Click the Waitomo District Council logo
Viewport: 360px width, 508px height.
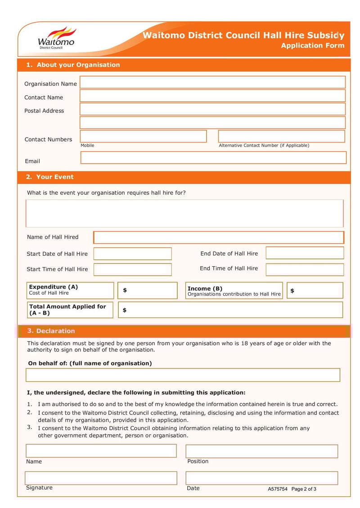coord(56,38)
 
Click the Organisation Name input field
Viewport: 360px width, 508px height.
coord(212,82)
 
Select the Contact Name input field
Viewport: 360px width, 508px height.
coord(212,96)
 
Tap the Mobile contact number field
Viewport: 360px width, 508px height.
coord(143,136)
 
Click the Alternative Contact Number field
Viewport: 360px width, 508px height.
coord(281,136)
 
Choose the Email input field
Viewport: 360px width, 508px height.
coord(213,158)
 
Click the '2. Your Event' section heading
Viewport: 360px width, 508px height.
coord(49,177)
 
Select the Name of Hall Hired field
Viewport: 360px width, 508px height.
coord(218,237)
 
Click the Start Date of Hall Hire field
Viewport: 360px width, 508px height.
coord(132,254)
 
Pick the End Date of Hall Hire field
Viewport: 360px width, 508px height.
coord(305,253)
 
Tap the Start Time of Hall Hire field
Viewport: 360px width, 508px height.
coord(132,269)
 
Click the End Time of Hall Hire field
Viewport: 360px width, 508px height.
coord(305,269)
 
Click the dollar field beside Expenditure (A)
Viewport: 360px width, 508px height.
coord(148,290)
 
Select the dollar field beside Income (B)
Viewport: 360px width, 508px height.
coord(315,290)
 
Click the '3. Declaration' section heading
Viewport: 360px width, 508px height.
coord(51,331)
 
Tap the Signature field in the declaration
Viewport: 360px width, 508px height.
coord(101,478)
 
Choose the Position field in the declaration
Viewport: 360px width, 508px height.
coord(261,451)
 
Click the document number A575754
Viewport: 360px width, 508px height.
coord(277,489)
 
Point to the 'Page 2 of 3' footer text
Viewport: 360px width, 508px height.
coord(304,489)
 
